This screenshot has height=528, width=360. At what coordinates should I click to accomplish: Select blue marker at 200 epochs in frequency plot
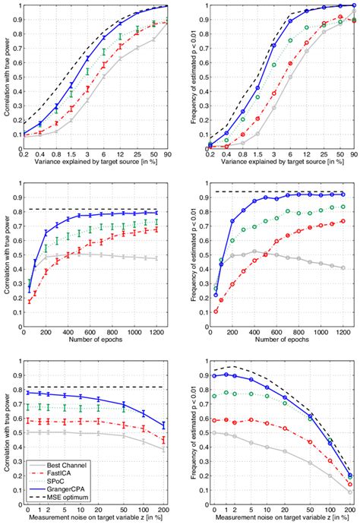click(232, 220)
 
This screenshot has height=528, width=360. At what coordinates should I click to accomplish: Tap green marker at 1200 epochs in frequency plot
click(343, 207)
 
